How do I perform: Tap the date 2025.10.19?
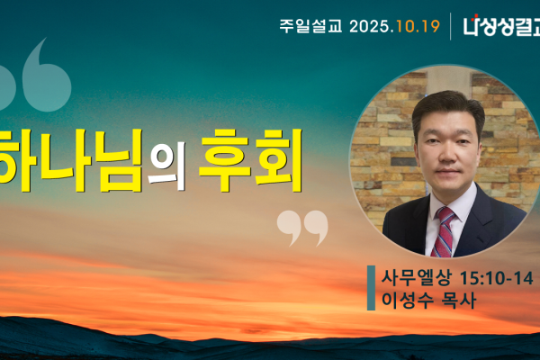(x=391, y=26)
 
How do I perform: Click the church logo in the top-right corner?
(x=500, y=26)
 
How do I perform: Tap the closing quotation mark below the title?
(x=301, y=227)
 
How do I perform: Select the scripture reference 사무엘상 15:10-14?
(x=455, y=276)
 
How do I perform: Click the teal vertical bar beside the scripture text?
(x=371, y=287)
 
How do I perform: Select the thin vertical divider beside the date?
(x=451, y=26)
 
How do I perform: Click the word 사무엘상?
(x=410, y=276)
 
